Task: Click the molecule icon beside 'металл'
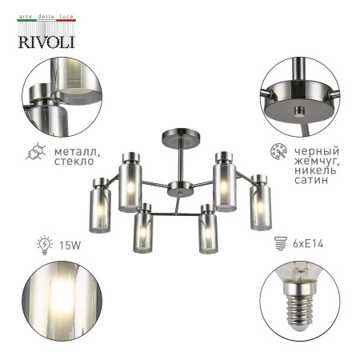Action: [36, 152]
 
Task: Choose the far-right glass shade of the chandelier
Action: [257, 205]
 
